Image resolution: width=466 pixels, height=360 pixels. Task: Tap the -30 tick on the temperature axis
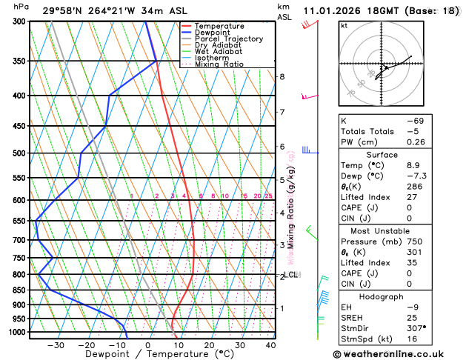56,344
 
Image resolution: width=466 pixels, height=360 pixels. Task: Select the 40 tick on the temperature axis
270,344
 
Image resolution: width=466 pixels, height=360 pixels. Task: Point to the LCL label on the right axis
290,275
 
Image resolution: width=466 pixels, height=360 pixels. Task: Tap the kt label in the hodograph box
344,25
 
